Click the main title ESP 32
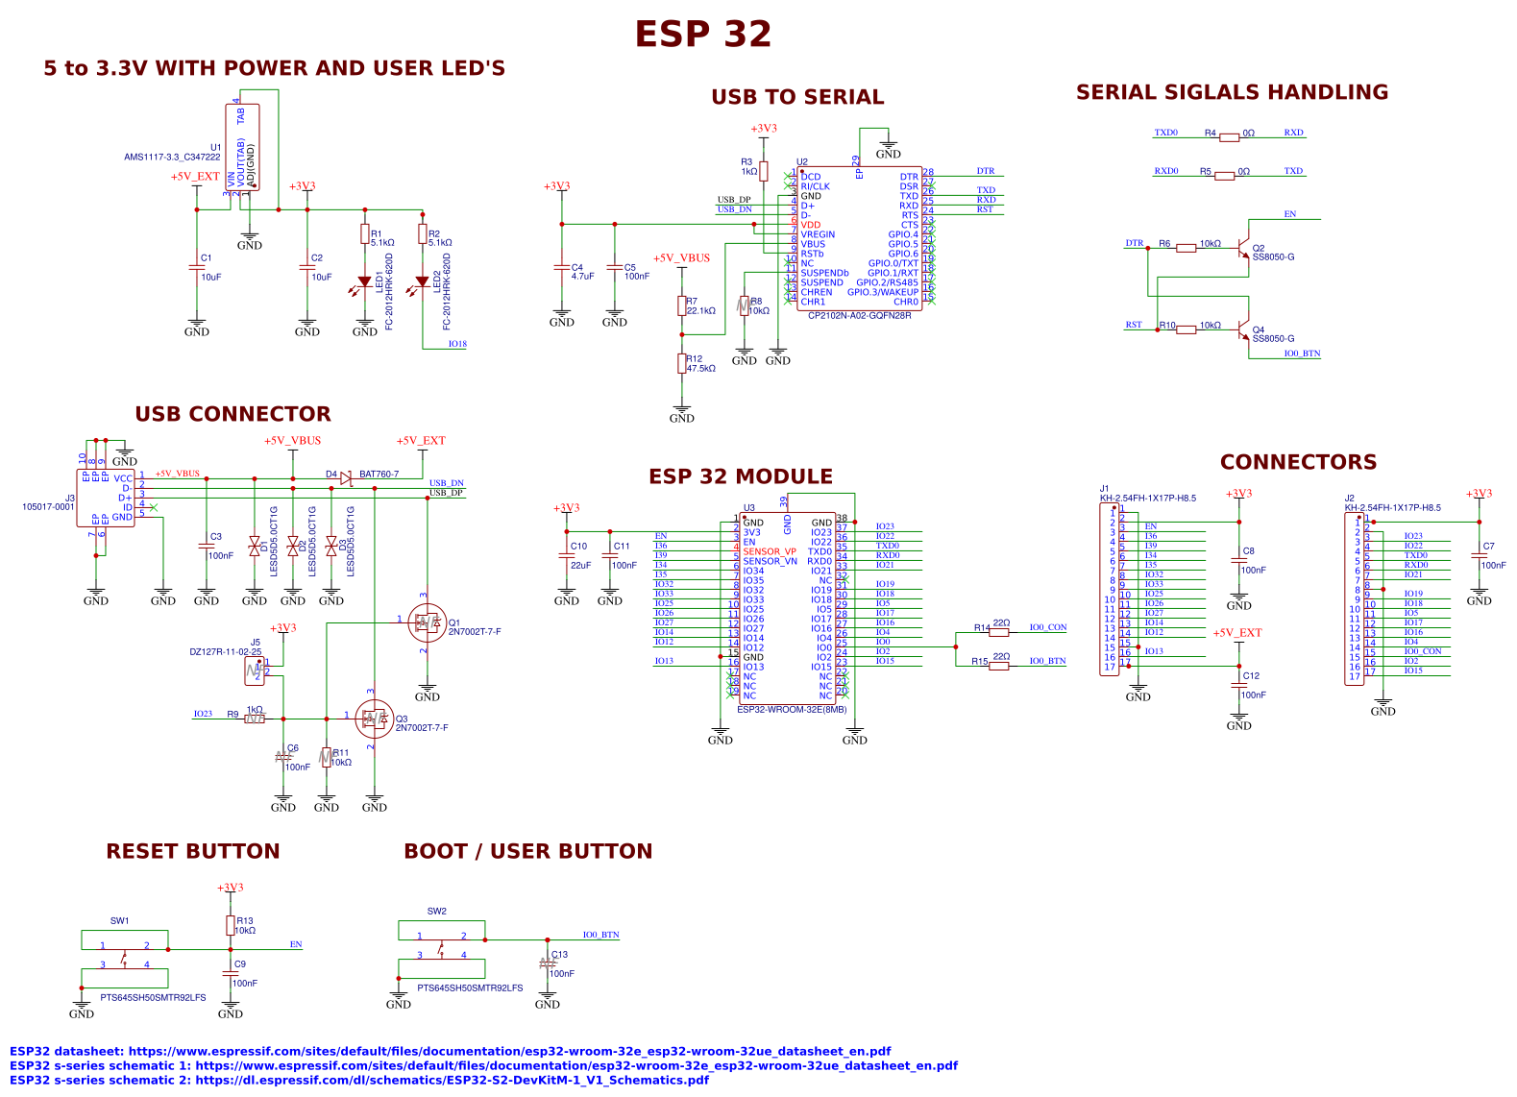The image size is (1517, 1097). [x=702, y=35]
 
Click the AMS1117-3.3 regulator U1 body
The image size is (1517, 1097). [x=242, y=147]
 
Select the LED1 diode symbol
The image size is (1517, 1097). [x=365, y=282]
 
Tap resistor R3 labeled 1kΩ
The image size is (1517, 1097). [x=764, y=172]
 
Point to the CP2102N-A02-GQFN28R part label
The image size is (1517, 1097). [x=858, y=316]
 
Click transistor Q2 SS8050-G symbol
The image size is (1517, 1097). [x=1245, y=246]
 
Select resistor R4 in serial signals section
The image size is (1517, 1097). [x=1229, y=137]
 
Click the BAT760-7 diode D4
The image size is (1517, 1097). [x=346, y=478]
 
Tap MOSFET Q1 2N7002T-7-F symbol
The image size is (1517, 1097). [x=426, y=622]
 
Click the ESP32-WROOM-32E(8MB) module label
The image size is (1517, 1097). [x=792, y=710]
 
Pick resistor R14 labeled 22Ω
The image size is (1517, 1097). [x=999, y=632]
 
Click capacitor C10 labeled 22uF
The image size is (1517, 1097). [x=567, y=557]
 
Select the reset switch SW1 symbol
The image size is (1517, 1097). [x=125, y=958]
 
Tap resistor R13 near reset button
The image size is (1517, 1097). [x=231, y=925]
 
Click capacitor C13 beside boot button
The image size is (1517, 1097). [x=548, y=963]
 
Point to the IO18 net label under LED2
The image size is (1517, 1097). [x=457, y=344]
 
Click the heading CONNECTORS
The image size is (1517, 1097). [x=1297, y=463]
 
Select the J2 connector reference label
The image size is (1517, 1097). [x=1349, y=499]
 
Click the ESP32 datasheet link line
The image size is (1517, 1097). [x=450, y=1051]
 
